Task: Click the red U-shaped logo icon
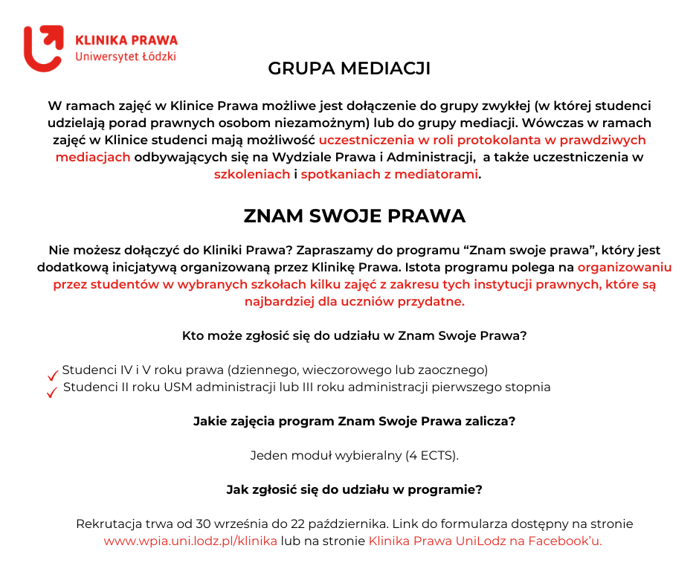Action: click(x=43, y=48)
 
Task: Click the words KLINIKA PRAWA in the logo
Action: click(x=126, y=39)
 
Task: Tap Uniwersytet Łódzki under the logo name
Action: click(x=126, y=57)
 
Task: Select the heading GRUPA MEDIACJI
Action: click(x=349, y=69)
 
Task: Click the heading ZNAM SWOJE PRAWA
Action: click(x=355, y=216)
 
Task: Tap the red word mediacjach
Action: click(x=93, y=158)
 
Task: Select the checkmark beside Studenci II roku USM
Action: click(x=52, y=392)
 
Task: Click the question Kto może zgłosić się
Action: click(x=355, y=335)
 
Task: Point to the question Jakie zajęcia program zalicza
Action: click(x=355, y=421)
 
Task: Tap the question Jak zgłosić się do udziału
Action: click(x=355, y=489)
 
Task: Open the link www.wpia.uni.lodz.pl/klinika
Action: click(x=190, y=541)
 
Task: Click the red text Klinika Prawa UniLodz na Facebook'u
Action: click(x=485, y=541)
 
